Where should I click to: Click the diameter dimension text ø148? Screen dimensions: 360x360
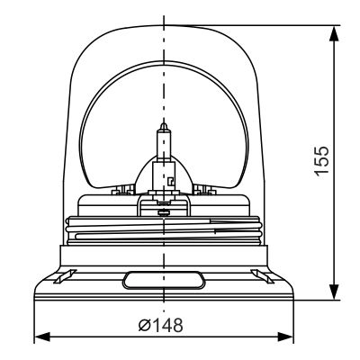(164, 325)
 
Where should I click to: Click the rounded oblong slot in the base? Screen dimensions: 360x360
(164, 280)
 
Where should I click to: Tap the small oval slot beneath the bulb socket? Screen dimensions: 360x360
(164, 212)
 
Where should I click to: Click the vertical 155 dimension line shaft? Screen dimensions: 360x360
(335, 225)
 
